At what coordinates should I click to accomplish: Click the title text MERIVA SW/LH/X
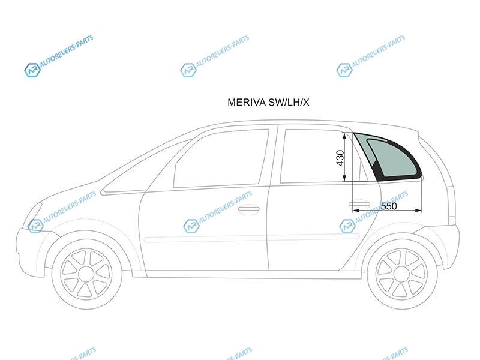pos(268,102)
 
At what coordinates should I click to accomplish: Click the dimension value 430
pos(340,158)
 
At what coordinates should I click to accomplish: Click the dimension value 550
pos(389,206)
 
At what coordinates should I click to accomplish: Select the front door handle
pos(248,209)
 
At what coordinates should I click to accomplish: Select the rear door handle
pos(359,204)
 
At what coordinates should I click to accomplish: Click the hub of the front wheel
pos(86,274)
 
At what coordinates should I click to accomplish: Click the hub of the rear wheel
pos(401,273)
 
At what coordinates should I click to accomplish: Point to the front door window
pos(221,158)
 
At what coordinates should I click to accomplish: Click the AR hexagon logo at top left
pos(32,70)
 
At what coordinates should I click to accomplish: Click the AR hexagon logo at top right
pos(344,70)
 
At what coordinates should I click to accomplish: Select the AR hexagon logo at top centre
pos(188,70)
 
